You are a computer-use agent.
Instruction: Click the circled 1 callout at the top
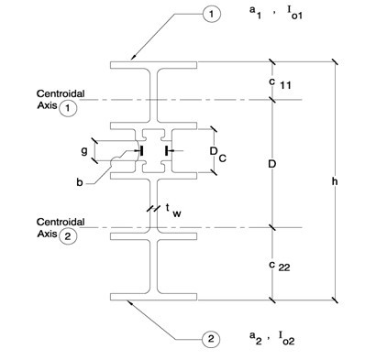[x=211, y=14]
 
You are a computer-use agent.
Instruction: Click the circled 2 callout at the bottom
[x=211, y=339]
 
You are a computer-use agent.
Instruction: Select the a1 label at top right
[x=256, y=12]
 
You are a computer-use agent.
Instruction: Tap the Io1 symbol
[x=294, y=13]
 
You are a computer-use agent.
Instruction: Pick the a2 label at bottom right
[x=256, y=338]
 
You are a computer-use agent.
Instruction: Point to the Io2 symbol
[x=286, y=338]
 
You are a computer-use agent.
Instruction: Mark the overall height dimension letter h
[x=335, y=181]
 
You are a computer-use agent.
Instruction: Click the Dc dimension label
[x=218, y=154]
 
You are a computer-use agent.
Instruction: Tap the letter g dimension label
[x=84, y=150]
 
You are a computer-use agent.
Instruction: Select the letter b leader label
[x=80, y=182]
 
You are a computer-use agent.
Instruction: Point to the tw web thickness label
[x=173, y=211]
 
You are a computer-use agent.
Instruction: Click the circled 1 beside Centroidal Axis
[x=68, y=109]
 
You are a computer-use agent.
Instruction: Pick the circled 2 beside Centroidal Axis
[x=67, y=236]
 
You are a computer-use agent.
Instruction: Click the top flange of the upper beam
[x=153, y=65]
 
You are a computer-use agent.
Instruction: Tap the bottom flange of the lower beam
[x=153, y=297]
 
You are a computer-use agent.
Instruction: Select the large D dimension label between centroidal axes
[x=272, y=164]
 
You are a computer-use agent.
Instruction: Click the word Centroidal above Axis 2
[x=61, y=222]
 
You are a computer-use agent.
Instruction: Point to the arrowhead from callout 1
[x=133, y=58]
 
